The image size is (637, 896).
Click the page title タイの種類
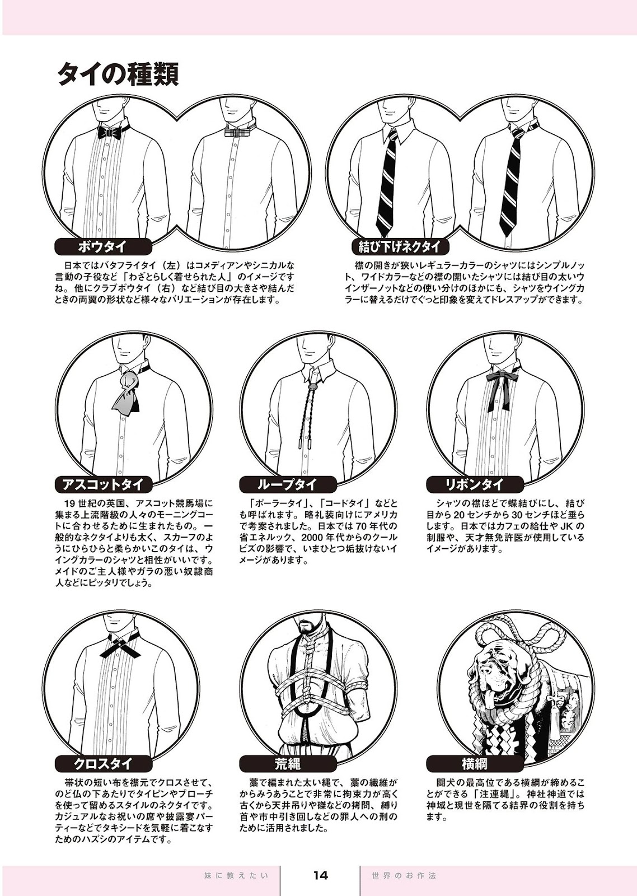coord(117,74)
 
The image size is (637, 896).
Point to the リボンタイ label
coord(475,485)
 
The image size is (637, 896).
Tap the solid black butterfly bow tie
coord(109,132)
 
